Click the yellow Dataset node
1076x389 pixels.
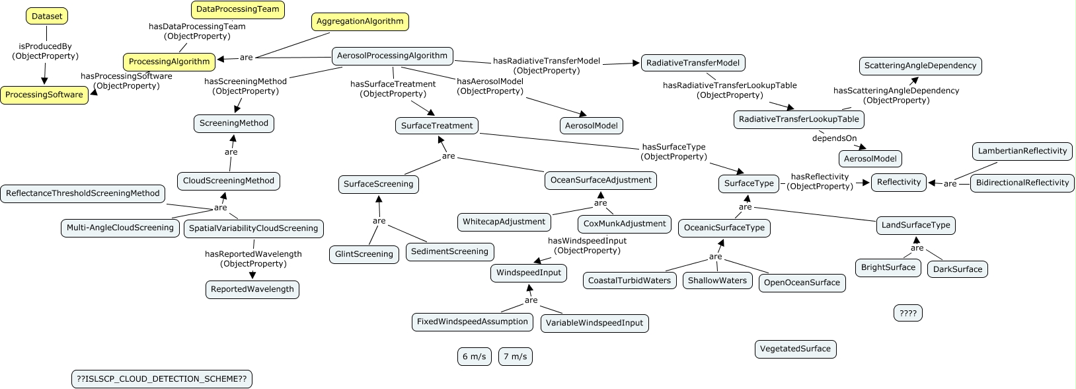click(46, 17)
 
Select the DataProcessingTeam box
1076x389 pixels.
click(238, 10)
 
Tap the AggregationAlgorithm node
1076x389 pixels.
click(360, 22)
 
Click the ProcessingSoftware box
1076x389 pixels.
click(44, 95)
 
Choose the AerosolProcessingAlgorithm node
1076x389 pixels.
click(392, 56)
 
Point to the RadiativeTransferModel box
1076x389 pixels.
click(693, 63)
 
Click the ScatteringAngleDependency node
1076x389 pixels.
click(921, 66)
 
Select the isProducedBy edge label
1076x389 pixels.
click(45, 51)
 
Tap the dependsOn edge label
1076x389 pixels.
click(834, 138)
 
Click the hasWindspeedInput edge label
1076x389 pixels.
click(587, 245)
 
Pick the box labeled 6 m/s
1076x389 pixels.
click(475, 357)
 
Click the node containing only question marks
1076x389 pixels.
click(908, 314)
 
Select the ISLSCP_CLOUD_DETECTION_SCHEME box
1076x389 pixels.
click(162, 379)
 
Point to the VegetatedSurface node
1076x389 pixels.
click(796, 349)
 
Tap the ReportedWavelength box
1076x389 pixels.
click(252, 290)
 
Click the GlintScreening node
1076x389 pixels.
click(364, 254)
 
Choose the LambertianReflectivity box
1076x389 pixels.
click(1022, 151)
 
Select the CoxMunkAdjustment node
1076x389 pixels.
click(625, 224)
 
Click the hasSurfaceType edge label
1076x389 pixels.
click(674, 151)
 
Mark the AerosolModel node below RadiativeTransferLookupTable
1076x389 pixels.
click(870, 159)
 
